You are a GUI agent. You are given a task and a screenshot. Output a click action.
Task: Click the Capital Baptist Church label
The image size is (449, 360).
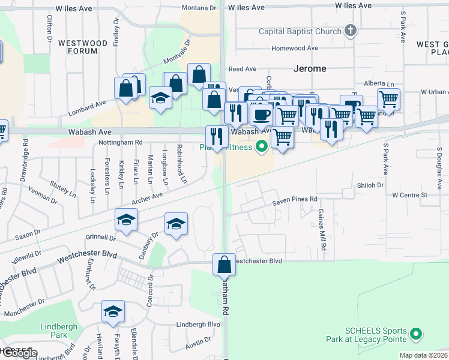pos(300,31)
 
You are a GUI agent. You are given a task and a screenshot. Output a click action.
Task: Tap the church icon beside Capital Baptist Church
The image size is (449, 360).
pos(351,31)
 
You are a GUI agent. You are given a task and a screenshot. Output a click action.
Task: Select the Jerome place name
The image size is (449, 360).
pos(310,68)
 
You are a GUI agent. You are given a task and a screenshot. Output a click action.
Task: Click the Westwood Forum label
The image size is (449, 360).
pos(83,47)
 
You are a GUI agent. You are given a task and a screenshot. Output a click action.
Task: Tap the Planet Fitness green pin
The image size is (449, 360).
pos(261,145)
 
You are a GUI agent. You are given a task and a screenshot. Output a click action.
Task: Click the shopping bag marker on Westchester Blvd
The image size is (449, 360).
pos(224,264)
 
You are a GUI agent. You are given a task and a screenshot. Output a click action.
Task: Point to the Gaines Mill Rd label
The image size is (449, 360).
pos(322,230)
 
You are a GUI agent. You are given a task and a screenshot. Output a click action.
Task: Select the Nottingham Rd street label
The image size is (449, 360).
pos(122,142)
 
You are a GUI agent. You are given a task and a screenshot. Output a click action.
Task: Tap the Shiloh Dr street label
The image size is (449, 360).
pos(370,185)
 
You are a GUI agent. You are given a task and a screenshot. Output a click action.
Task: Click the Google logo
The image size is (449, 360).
pos(19,353)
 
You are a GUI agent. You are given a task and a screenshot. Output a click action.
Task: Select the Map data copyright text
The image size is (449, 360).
pos(423,355)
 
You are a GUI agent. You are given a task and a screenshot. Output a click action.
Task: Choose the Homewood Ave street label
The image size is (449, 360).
pos(295,48)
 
